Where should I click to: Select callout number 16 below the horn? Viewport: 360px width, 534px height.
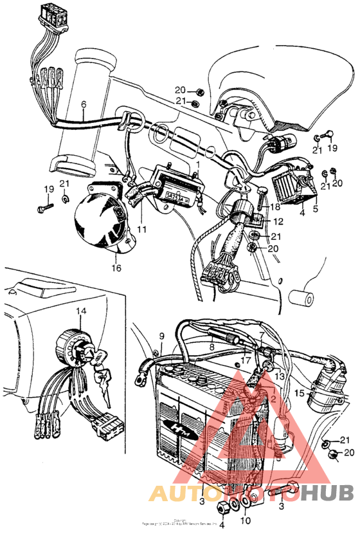click(116, 268)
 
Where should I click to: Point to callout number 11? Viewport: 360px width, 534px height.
click(141, 229)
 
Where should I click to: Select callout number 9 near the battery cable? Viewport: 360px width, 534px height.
click(162, 336)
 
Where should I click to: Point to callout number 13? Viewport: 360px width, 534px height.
click(278, 375)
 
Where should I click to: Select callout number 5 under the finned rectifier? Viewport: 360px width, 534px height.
click(315, 209)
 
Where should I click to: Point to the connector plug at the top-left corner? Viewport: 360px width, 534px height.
click(53, 14)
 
